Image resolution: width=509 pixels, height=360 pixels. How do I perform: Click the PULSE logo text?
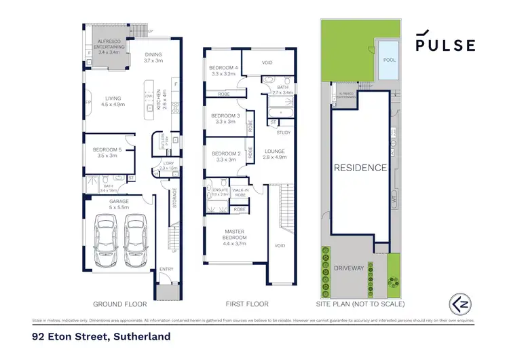[x=445, y=45]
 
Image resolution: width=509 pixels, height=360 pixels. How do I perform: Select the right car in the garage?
[x=136, y=240]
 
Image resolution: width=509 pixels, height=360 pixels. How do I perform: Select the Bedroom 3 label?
[x=223, y=118]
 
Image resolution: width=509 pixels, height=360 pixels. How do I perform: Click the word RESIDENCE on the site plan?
[x=360, y=167]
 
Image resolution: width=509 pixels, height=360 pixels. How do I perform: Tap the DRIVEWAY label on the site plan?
[x=350, y=268]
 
